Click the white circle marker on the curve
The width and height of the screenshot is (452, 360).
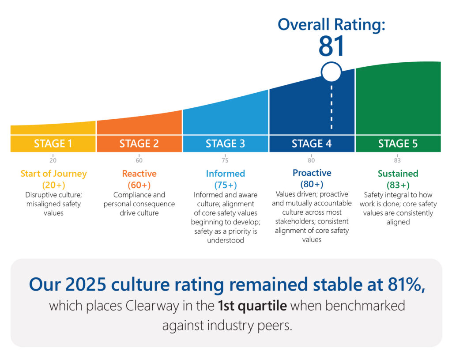[331, 72]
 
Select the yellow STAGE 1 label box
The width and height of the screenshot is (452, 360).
[53, 144]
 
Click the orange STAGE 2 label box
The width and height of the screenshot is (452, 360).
[139, 144]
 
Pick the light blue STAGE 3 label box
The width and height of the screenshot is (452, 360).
[225, 144]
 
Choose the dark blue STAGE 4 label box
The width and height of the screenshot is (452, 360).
[312, 144]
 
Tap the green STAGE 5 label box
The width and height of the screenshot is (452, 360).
[398, 144]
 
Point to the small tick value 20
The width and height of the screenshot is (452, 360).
[53, 160]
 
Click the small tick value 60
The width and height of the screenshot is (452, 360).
[139, 160]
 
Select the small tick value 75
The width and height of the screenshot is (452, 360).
[225, 160]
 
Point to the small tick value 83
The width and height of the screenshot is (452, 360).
[398, 160]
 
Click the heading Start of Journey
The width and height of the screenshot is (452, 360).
[53, 174]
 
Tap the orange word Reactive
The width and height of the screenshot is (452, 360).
[139, 174]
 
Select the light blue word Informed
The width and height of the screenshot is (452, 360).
[225, 174]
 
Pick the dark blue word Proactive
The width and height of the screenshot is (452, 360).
[312, 173]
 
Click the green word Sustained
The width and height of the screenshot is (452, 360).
[398, 174]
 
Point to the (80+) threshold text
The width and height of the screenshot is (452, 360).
[312, 184]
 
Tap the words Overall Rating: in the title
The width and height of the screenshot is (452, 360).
[331, 24]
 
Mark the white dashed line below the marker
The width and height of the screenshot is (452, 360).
[331, 106]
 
